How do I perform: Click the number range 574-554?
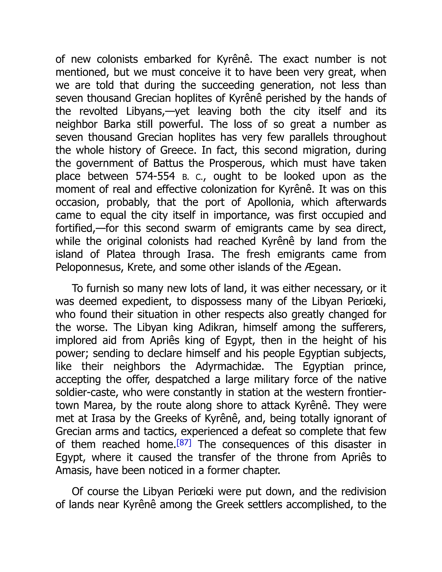pyautogui.click(x=155, y=176)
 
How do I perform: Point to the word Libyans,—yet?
pyautogui.click(x=158, y=111)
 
